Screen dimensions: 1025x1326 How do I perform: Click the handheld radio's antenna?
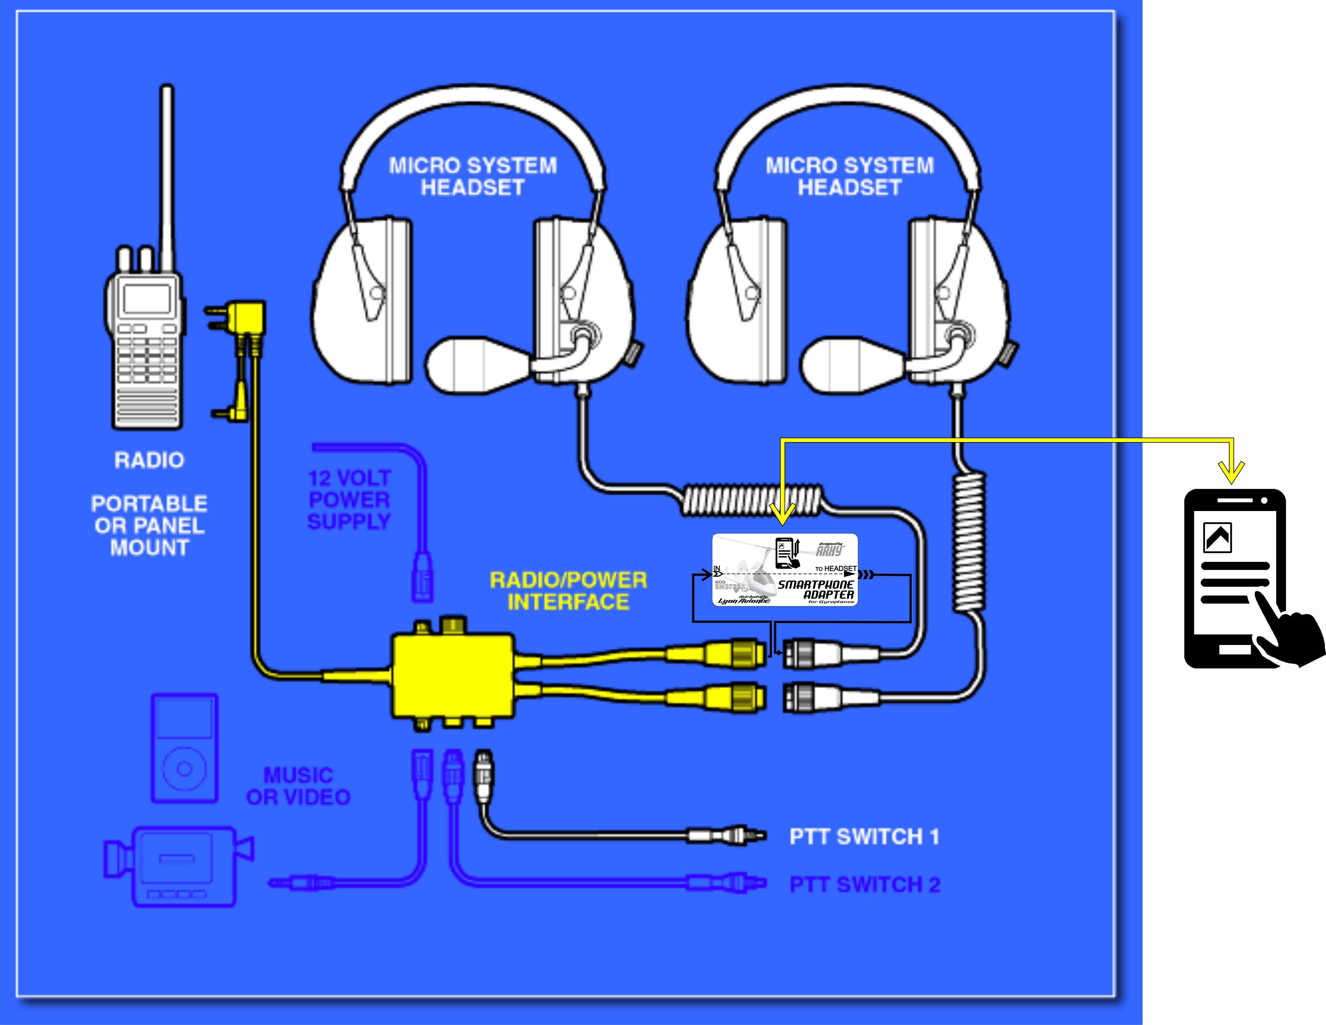166,176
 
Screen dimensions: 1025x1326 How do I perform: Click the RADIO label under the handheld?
149,460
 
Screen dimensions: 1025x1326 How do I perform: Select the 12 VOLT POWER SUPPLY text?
349,499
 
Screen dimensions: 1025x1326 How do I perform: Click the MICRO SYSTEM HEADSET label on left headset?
473,176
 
